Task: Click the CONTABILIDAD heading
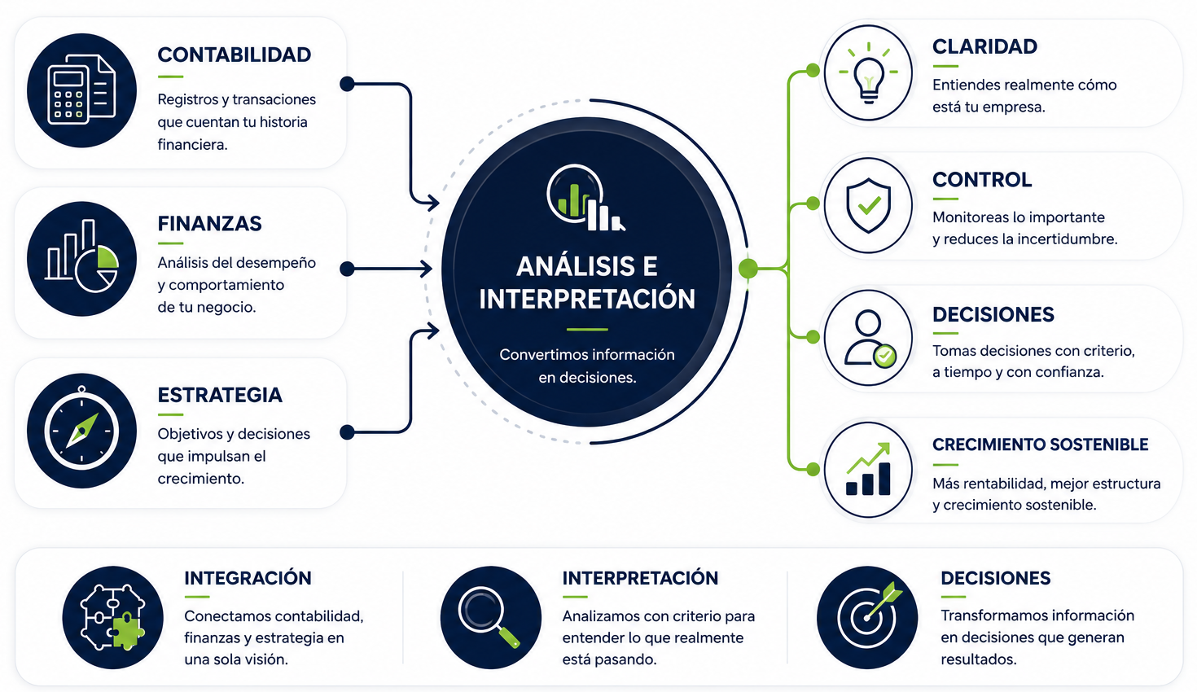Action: (234, 55)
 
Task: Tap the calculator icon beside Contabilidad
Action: (81, 90)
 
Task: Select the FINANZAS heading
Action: (209, 223)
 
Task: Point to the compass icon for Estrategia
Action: (81, 430)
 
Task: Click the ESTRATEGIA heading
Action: (220, 395)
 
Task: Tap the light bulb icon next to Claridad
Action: (868, 72)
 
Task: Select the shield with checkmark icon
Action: (868, 205)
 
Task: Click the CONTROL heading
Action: (982, 180)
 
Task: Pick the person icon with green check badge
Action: (868, 338)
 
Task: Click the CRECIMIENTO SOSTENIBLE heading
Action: (1041, 445)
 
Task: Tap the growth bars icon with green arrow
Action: (868, 470)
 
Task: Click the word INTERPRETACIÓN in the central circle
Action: (587, 299)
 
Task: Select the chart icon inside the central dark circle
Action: (585, 198)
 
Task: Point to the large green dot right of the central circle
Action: (748, 268)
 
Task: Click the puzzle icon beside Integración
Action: (112, 617)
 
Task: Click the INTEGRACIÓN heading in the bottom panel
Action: (248, 578)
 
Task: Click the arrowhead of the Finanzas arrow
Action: (427, 268)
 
